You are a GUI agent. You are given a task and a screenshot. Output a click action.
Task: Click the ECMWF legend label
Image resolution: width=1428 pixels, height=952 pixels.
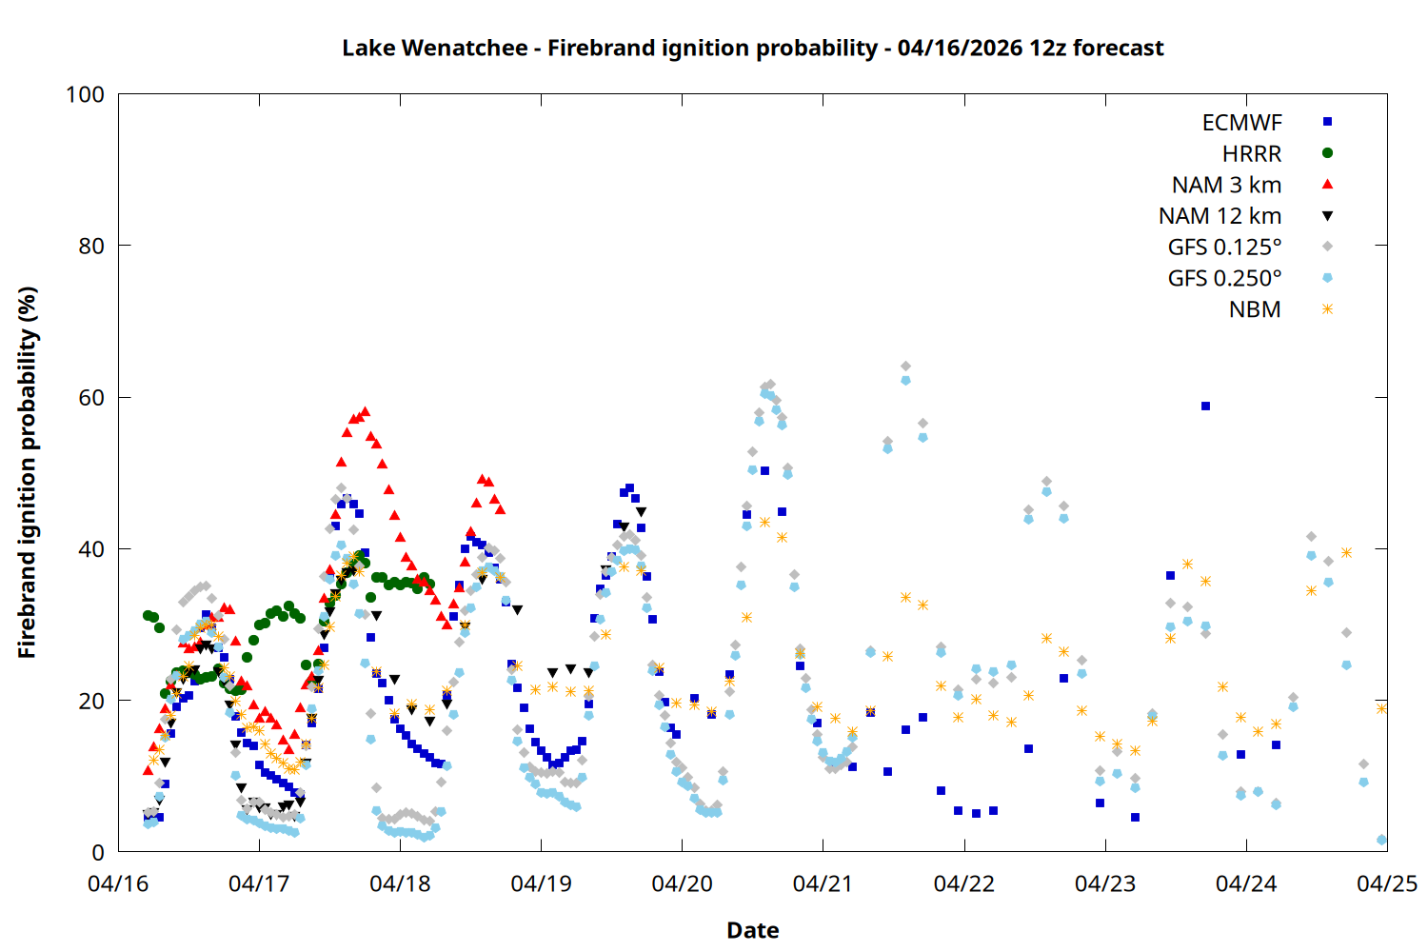1241,123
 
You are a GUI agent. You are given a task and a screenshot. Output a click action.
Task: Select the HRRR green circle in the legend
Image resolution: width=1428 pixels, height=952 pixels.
1327,153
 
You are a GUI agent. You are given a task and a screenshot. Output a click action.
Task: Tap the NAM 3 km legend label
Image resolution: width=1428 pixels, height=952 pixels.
1226,185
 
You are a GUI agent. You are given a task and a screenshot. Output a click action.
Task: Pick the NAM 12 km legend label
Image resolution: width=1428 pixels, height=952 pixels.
1220,216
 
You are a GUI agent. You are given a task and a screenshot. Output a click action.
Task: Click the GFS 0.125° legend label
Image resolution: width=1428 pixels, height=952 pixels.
1224,248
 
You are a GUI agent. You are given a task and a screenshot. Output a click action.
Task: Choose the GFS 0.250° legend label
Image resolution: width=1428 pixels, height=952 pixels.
1224,278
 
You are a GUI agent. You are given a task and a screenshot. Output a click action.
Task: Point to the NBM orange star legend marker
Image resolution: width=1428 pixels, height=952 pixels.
1327,309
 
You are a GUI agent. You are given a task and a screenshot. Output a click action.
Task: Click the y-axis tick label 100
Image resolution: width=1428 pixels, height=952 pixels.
85,94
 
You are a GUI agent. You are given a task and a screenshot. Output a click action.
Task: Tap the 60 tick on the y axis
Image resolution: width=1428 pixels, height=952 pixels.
91,398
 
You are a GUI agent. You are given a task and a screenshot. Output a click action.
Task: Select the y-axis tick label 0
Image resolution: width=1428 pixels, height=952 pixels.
98,852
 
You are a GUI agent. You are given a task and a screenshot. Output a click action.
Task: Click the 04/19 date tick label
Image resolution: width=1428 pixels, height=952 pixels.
541,883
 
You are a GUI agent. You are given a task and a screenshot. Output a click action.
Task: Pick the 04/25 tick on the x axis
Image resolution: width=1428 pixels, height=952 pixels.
1386,883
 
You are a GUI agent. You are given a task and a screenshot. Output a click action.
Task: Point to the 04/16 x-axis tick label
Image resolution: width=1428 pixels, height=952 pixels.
118,883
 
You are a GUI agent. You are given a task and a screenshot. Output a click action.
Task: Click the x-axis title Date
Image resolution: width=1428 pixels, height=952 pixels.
752,930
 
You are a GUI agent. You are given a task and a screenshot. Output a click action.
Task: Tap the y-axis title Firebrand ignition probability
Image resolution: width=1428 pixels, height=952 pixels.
27,472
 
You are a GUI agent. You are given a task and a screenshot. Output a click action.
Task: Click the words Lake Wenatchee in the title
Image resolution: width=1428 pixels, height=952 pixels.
434,48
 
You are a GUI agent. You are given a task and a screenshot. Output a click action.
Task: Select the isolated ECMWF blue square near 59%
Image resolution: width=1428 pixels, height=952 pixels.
1205,406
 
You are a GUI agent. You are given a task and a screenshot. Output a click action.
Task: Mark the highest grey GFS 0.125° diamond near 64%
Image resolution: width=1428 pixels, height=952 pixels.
905,366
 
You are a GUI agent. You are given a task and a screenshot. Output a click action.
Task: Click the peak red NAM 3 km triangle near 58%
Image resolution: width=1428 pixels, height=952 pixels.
365,411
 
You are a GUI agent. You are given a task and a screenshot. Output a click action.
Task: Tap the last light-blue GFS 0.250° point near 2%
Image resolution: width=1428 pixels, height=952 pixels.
1381,840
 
